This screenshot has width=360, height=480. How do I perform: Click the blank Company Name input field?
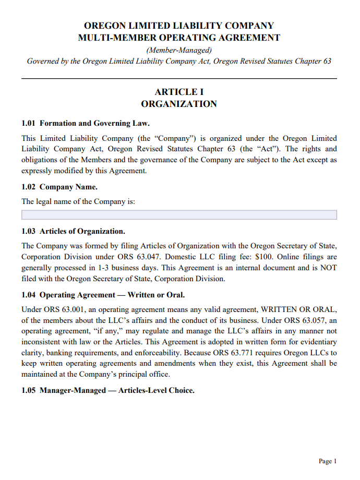(x=179, y=215)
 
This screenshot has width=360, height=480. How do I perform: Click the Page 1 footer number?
(x=328, y=461)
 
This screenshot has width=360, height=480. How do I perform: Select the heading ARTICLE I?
(x=179, y=92)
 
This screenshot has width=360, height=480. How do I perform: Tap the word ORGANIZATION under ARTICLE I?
(x=179, y=104)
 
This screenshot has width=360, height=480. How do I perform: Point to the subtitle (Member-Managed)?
(x=179, y=50)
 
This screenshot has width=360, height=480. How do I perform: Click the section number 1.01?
(x=29, y=124)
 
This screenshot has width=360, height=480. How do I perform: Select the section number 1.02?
(x=29, y=187)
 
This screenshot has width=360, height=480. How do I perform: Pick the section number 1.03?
(x=29, y=231)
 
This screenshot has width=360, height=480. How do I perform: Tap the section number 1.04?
(x=29, y=295)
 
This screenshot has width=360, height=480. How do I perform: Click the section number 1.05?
(x=29, y=391)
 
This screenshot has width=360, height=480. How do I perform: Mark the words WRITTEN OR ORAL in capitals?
(x=299, y=310)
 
